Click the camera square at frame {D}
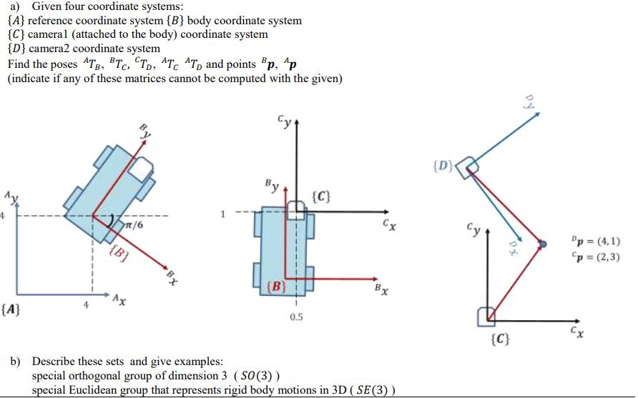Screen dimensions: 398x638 [x=468, y=168]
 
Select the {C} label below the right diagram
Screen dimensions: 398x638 [x=501, y=339]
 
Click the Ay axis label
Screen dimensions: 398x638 [x=9, y=196]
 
